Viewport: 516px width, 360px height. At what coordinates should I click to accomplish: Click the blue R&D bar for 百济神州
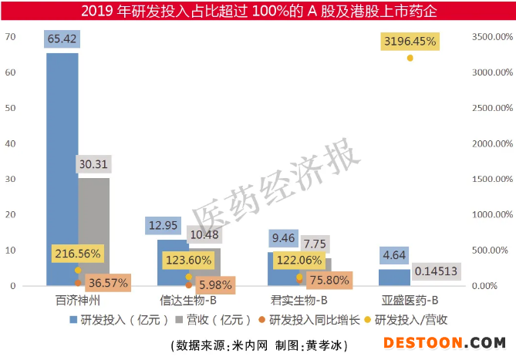[62, 170]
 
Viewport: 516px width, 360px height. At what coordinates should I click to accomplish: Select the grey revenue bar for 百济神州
[94, 231]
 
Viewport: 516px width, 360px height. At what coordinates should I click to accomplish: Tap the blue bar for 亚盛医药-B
[394, 277]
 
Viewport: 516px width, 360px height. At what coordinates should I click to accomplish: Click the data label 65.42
[62, 39]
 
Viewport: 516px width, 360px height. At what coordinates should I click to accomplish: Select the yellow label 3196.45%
[410, 40]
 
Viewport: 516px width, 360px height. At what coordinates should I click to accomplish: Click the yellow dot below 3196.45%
[410, 58]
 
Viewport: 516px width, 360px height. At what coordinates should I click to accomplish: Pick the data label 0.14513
[437, 271]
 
